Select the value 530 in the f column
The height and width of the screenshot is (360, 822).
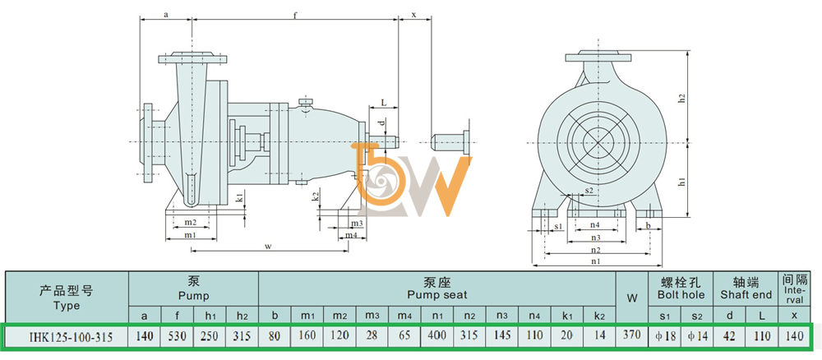(x=178, y=335)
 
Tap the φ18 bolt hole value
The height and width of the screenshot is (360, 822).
(x=665, y=336)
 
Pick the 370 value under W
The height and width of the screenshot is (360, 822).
(x=631, y=335)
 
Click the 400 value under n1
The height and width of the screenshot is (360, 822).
(x=436, y=335)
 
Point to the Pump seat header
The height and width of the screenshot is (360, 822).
(x=436, y=288)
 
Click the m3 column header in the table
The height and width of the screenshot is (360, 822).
(x=372, y=316)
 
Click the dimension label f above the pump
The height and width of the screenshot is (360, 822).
(x=295, y=14)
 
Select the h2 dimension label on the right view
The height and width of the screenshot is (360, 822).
(x=697, y=98)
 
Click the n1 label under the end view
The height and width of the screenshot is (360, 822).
(x=595, y=261)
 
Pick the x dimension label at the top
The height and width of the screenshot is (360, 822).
(x=414, y=15)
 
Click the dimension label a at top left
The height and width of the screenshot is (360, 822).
(x=166, y=15)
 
